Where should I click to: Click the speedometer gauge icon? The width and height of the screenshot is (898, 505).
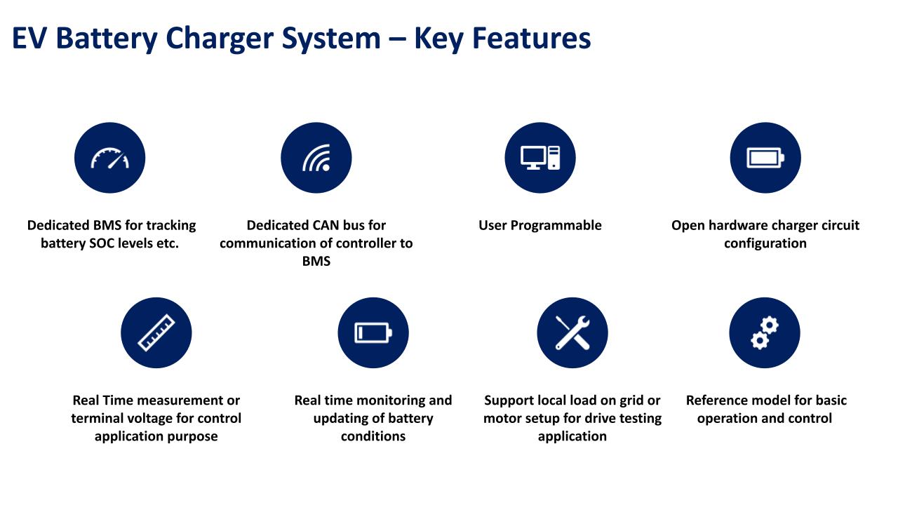[110, 158]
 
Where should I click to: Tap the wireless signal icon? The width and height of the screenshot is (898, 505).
[316, 158]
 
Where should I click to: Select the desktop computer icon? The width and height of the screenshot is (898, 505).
[540, 158]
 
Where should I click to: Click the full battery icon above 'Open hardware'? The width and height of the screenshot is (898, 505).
[765, 158]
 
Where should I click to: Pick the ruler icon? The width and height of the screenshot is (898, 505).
[156, 332]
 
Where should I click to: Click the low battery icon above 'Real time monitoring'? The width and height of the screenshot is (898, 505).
[373, 332]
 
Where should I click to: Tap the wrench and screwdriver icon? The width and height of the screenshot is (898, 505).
[572, 332]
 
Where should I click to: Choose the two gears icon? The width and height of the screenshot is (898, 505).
[765, 332]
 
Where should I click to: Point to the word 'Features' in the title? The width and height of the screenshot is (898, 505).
[532, 38]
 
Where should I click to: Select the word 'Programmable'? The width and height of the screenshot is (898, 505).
[556, 226]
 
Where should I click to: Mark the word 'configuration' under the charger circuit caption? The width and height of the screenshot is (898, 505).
[765, 243]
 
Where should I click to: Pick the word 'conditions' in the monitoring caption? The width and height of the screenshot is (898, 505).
[373, 436]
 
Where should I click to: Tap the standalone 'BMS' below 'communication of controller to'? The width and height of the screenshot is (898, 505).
[316, 262]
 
